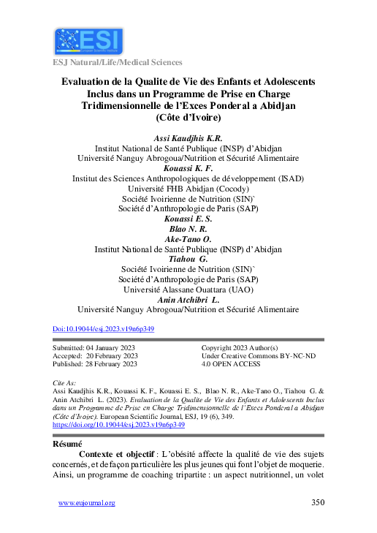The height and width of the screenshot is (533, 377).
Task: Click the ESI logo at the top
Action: click(87, 42)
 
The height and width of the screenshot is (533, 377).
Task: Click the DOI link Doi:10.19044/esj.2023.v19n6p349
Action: click(104, 329)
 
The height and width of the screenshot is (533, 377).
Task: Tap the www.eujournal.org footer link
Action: click(86, 503)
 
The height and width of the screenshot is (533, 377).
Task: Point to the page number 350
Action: click(318, 502)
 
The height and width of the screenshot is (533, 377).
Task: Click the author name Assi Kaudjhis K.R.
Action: click(188, 138)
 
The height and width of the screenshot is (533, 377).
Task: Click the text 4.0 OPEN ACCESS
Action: click(231, 363)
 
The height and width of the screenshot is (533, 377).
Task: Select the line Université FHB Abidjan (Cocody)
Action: click(188, 189)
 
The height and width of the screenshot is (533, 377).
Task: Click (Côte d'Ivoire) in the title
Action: click(188, 117)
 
